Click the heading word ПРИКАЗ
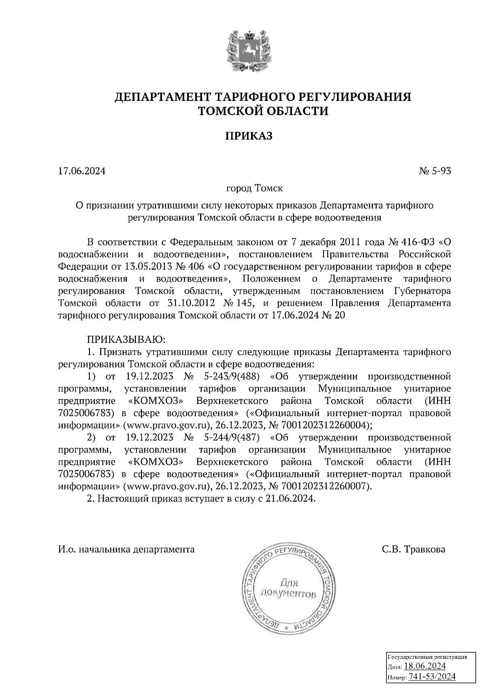coord(249,136)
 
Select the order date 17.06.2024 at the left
coord(82,171)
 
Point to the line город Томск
coord(254,188)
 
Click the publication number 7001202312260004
coord(322,425)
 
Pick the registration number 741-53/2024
coord(432,677)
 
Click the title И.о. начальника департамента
coord(126,549)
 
